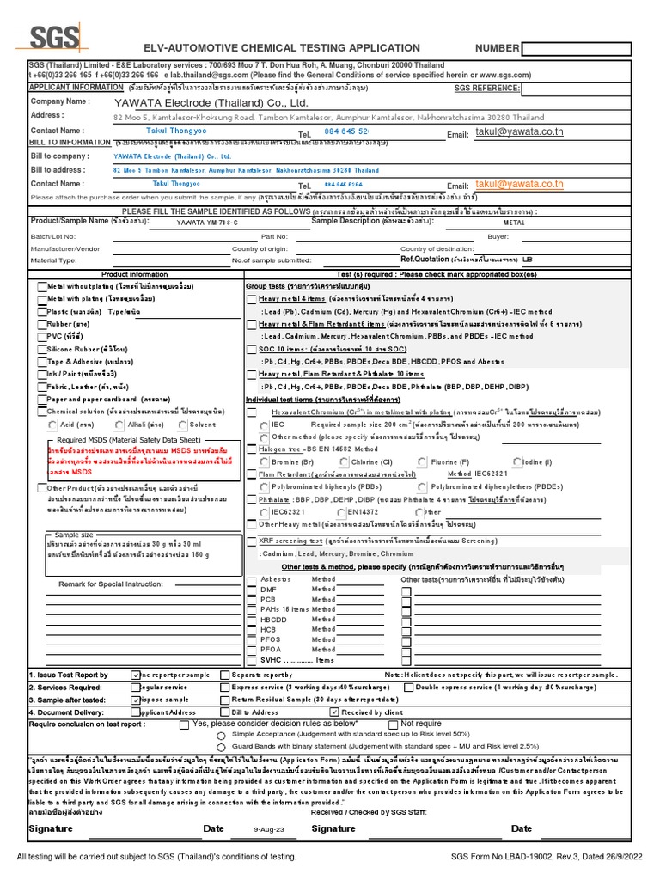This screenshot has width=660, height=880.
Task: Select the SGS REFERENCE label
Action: (x=486, y=88)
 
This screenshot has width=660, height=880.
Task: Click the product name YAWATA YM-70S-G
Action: (x=207, y=223)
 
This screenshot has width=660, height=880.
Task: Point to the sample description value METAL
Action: (x=513, y=223)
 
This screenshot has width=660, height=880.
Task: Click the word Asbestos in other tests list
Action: (x=276, y=579)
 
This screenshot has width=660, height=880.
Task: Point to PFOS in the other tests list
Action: (x=272, y=639)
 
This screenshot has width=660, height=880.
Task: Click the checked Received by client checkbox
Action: (x=334, y=712)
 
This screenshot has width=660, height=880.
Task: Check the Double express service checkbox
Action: (x=408, y=687)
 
